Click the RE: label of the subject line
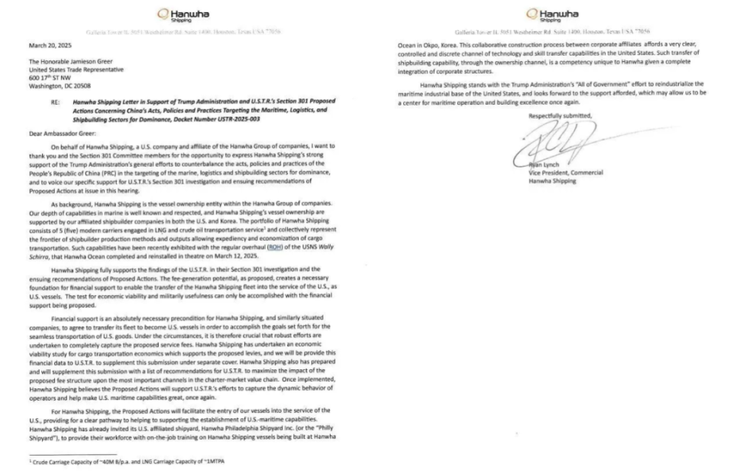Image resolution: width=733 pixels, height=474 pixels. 56,101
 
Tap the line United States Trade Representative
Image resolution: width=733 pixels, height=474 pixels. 71,70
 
